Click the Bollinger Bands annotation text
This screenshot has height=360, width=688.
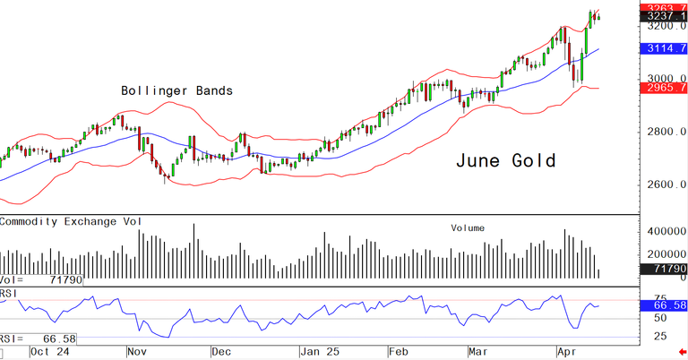coord(177,90)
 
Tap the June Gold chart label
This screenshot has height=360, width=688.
coord(505,161)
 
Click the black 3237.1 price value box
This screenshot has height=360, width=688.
coord(664,16)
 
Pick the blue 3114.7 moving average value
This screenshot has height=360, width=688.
coord(664,48)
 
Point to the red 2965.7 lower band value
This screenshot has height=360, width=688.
coord(664,90)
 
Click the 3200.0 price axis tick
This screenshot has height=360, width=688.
coord(667,27)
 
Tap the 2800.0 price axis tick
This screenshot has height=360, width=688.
coord(667,133)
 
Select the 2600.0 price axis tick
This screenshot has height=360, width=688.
coord(667,185)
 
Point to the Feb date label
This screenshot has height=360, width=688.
coord(400,351)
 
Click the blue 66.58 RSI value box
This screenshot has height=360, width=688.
coord(664,305)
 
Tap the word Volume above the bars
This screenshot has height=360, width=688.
coord(468,228)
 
